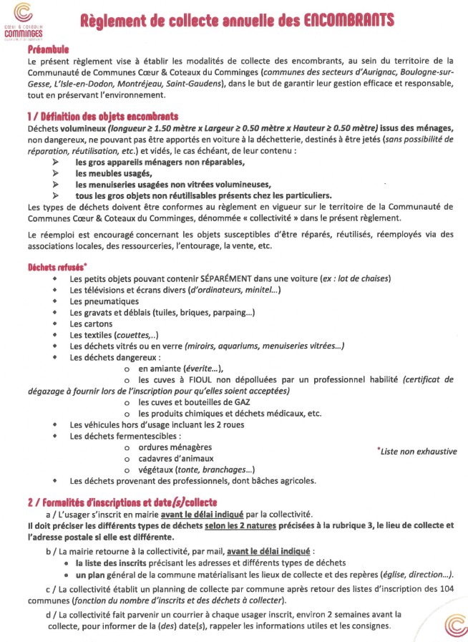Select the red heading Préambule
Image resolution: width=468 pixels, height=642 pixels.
point(48,51)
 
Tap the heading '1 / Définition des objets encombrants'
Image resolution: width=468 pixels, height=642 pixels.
point(102,116)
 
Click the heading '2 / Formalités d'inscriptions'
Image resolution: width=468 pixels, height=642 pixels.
point(122,501)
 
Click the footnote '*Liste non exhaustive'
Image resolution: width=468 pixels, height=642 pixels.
point(416,451)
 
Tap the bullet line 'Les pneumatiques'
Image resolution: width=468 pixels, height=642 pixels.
point(104,301)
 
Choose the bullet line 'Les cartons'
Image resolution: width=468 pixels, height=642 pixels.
point(91,324)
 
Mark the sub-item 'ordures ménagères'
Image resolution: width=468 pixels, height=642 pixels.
point(175,447)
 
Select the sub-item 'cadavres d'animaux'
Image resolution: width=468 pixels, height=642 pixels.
point(175,458)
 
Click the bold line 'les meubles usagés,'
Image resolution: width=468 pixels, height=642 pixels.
point(114,173)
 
